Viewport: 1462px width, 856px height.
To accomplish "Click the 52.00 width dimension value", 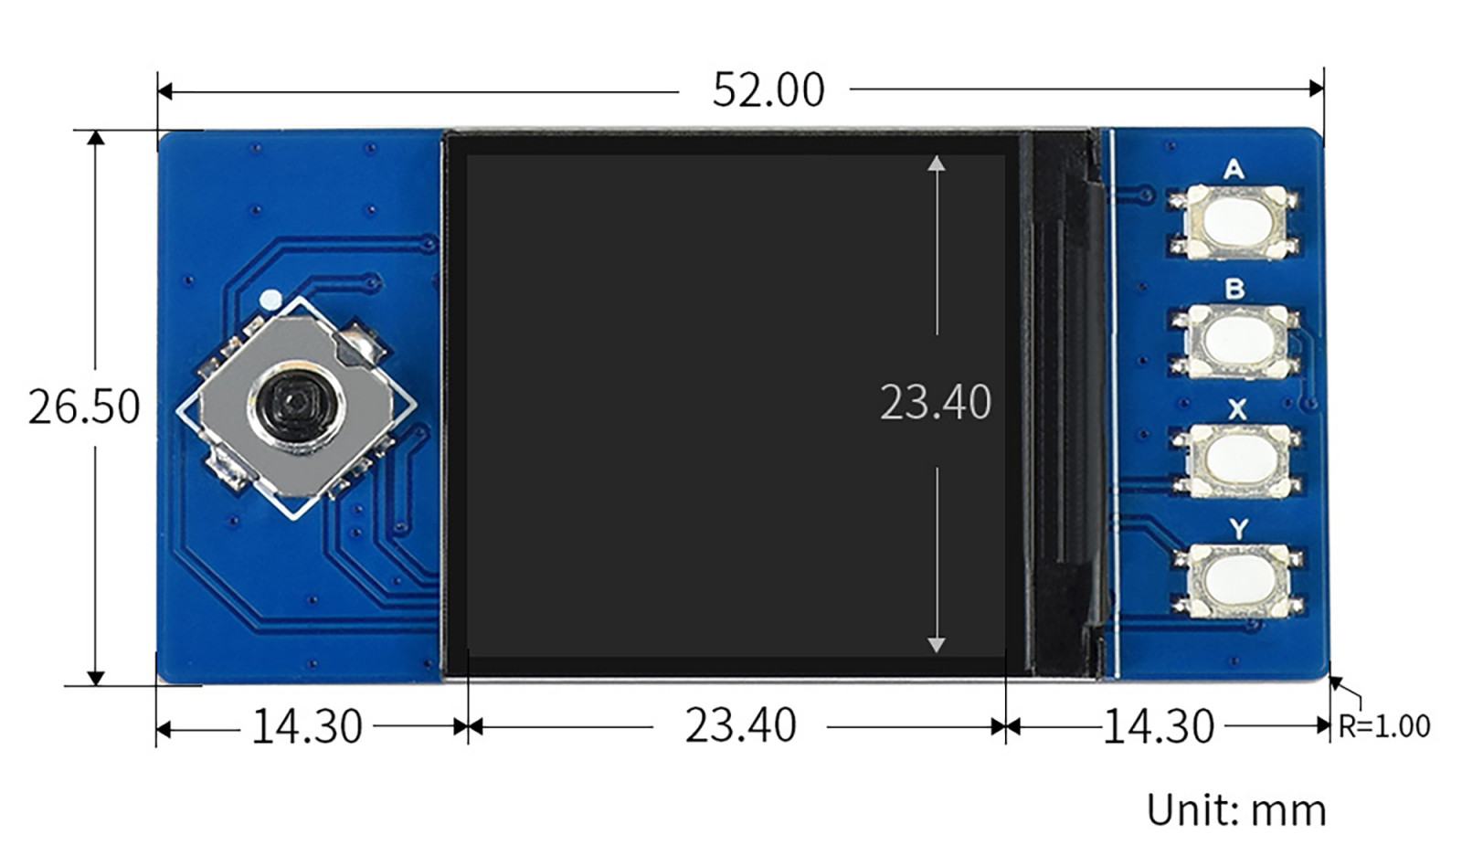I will click(x=768, y=90).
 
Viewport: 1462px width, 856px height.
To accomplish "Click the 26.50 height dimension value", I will click(x=84, y=407).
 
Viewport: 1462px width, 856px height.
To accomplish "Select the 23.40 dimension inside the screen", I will click(x=935, y=402).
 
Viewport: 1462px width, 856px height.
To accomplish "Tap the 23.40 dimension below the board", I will click(x=740, y=726).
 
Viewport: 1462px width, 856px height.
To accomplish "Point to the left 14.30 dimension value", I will click(x=306, y=727).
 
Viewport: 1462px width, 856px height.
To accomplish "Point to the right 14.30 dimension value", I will click(x=1158, y=727).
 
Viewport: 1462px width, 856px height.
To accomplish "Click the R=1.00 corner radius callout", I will click(x=1383, y=727).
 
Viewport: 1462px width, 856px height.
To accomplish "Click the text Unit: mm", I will click(x=1235, y=810).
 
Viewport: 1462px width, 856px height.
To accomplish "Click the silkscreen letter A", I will click(x=1234, y=169).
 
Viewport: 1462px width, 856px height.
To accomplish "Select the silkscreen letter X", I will click(x=1237, y=409).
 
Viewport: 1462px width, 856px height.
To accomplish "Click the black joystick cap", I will click(x=295, y=402).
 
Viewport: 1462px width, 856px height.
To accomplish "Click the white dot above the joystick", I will click(x=270, y=299).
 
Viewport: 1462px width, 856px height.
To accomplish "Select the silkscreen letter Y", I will click(x=1238, y=529).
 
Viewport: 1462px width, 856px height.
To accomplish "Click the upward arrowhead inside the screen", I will click(x=936, y=164).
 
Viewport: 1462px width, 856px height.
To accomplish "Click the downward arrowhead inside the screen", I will click(x=936, y=644).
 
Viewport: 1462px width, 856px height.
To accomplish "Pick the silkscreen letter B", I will click(x=1234, y=290).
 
